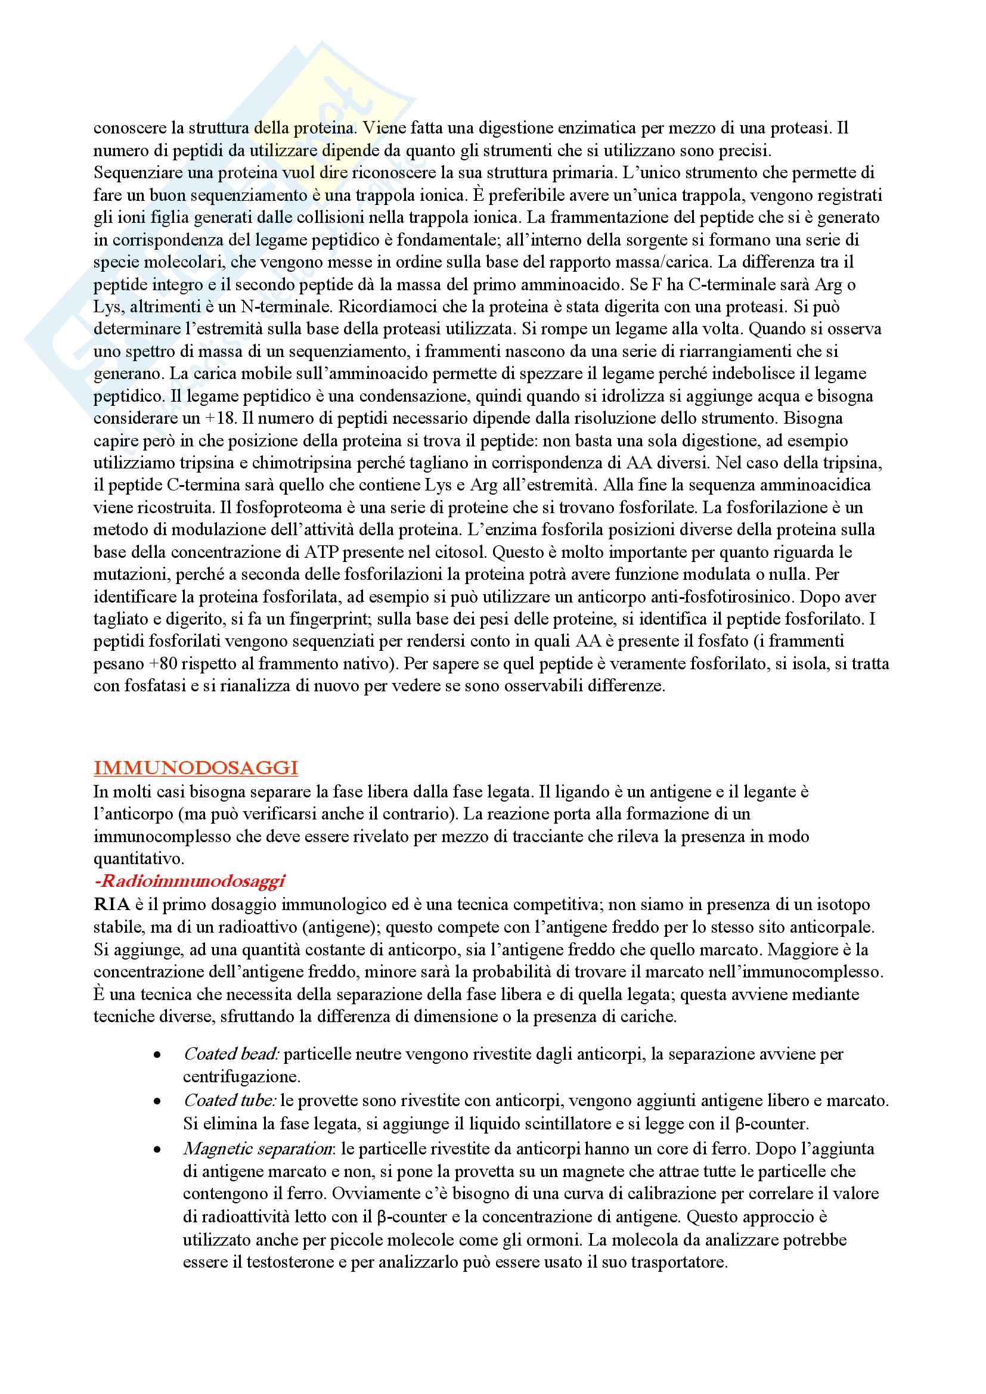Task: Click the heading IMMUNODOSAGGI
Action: (x=196, y=768)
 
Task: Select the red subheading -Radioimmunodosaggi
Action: (x=190, y=881)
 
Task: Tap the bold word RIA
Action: (x=111, y=905)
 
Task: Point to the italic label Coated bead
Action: (x=231, y=1055)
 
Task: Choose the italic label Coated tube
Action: (x=230, y=1100)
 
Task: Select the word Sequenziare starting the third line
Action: (x=135, y=173)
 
